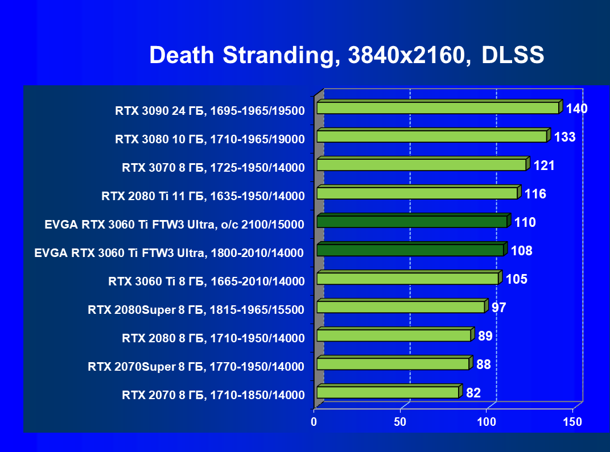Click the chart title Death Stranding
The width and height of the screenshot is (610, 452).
[x=240, y=55]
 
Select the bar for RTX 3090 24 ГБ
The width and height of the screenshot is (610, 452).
[x=438, y=108]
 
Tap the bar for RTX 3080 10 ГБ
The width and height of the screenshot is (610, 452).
[x=431, y=136]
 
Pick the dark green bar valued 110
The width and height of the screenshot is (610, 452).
[x=411, y=222]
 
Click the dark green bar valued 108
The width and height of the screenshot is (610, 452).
[x=410, y=250]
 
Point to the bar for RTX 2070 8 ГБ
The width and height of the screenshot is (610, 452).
[x=388, y=392]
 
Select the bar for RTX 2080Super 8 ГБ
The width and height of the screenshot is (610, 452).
[x=400, y=307]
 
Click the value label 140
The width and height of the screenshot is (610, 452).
[x=576, y=109]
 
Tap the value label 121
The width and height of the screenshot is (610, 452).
[x=544, y=165]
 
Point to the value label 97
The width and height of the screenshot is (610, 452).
[x=499, y=308]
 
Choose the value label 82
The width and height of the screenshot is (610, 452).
[x=473, y=393]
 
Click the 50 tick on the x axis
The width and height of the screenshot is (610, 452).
[x=400, y=422]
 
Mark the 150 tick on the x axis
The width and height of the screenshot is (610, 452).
[x=572, y=422]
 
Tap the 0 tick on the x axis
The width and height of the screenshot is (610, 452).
[x=314, y=422]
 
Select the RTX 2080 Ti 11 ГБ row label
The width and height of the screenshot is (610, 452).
[x=203, y=196]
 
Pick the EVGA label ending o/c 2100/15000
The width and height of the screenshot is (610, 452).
[x=174, y=224]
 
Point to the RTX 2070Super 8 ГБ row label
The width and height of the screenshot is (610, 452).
[x=196, y=366]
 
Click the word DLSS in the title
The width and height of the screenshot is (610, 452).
[x=513, y=55]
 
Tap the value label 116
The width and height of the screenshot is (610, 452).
[x=535, y=194]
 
